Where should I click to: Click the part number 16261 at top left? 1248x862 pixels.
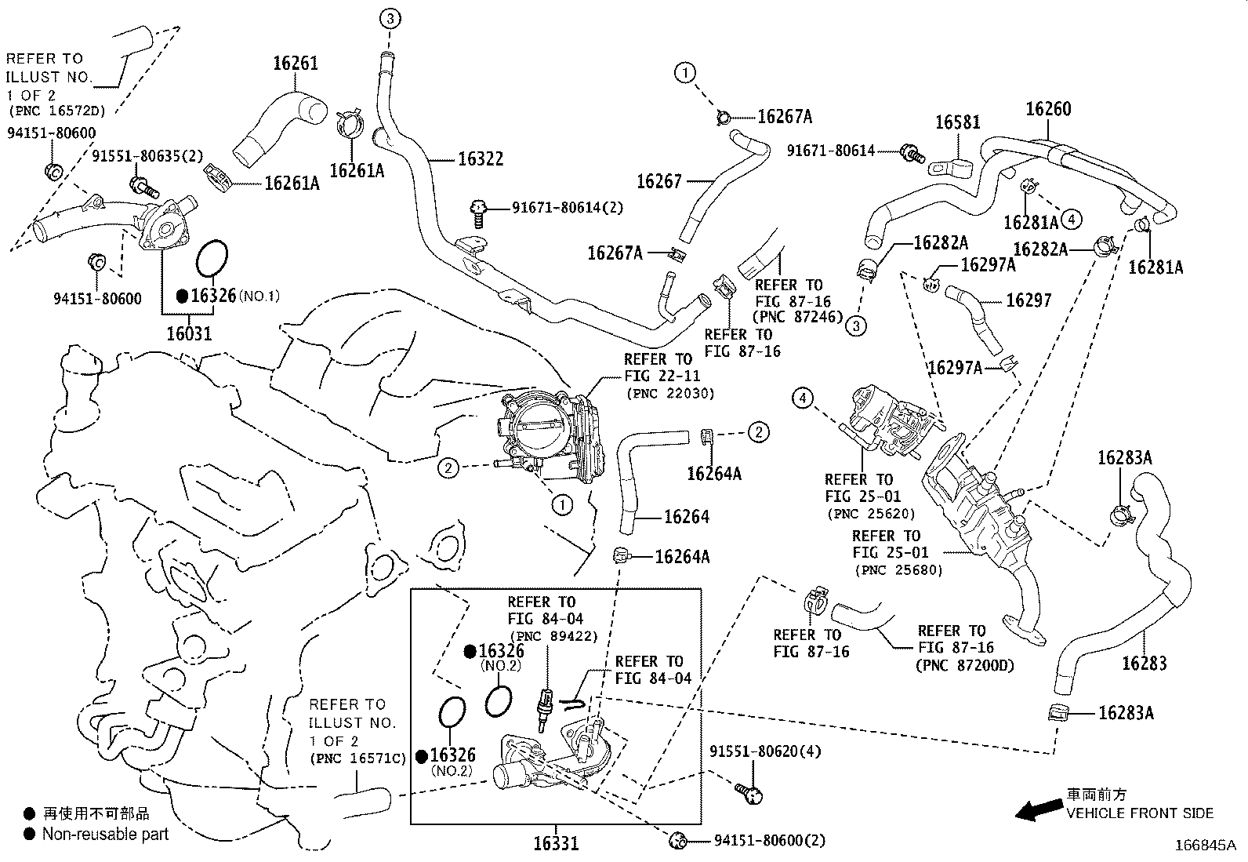tap(296, 64)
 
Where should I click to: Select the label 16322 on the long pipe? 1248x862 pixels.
tap(481, 159)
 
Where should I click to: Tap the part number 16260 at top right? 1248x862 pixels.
tap(1048, 109)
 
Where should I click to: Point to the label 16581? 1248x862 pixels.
tap(957, 122)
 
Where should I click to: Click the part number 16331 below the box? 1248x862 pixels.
tap(556, 844)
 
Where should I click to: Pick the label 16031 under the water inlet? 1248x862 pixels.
tap(189, 333)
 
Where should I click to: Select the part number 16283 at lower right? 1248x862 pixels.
tap(1144, 664)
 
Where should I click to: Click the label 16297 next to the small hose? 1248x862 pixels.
tap(1029, 300)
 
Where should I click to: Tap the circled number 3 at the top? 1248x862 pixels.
tap(392, 17)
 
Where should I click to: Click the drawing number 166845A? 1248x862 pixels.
tap(1204, 846)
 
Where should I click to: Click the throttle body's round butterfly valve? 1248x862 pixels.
tap(539, 429)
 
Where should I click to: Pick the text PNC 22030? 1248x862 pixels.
tap(669, 393)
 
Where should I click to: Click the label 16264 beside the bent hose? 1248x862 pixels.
tap(686, 517)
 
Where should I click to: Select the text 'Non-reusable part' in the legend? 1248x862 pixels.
tap(105, 834)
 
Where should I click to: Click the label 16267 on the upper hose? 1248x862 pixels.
tap(659, 181)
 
